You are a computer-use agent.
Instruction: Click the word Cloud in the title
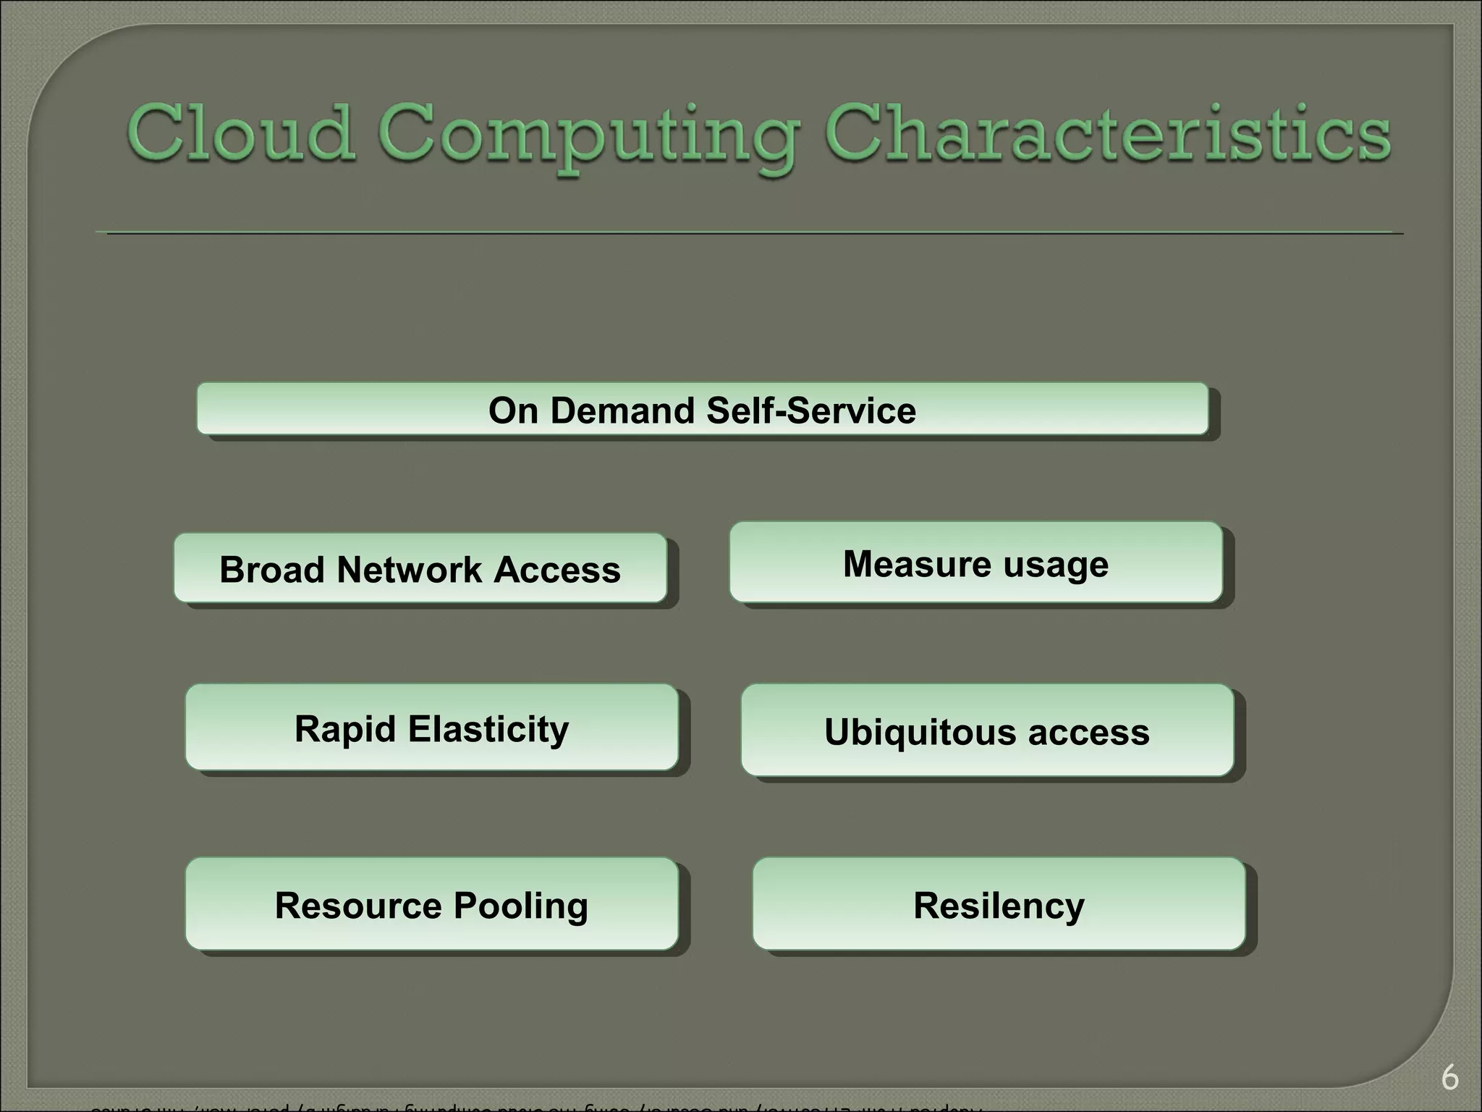click(242, 133)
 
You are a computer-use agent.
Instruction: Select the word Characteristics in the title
click(1107, 133)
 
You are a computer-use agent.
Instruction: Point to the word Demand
click(623, 410)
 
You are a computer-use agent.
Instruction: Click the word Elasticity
click(488, 729)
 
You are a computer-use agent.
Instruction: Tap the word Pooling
click(521, 906)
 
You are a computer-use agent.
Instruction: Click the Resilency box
click(999, 905)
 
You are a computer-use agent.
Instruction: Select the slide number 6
click(1449, 1078)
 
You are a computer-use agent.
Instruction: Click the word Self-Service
click(811, 410)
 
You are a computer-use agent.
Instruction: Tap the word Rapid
click(345, 729)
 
